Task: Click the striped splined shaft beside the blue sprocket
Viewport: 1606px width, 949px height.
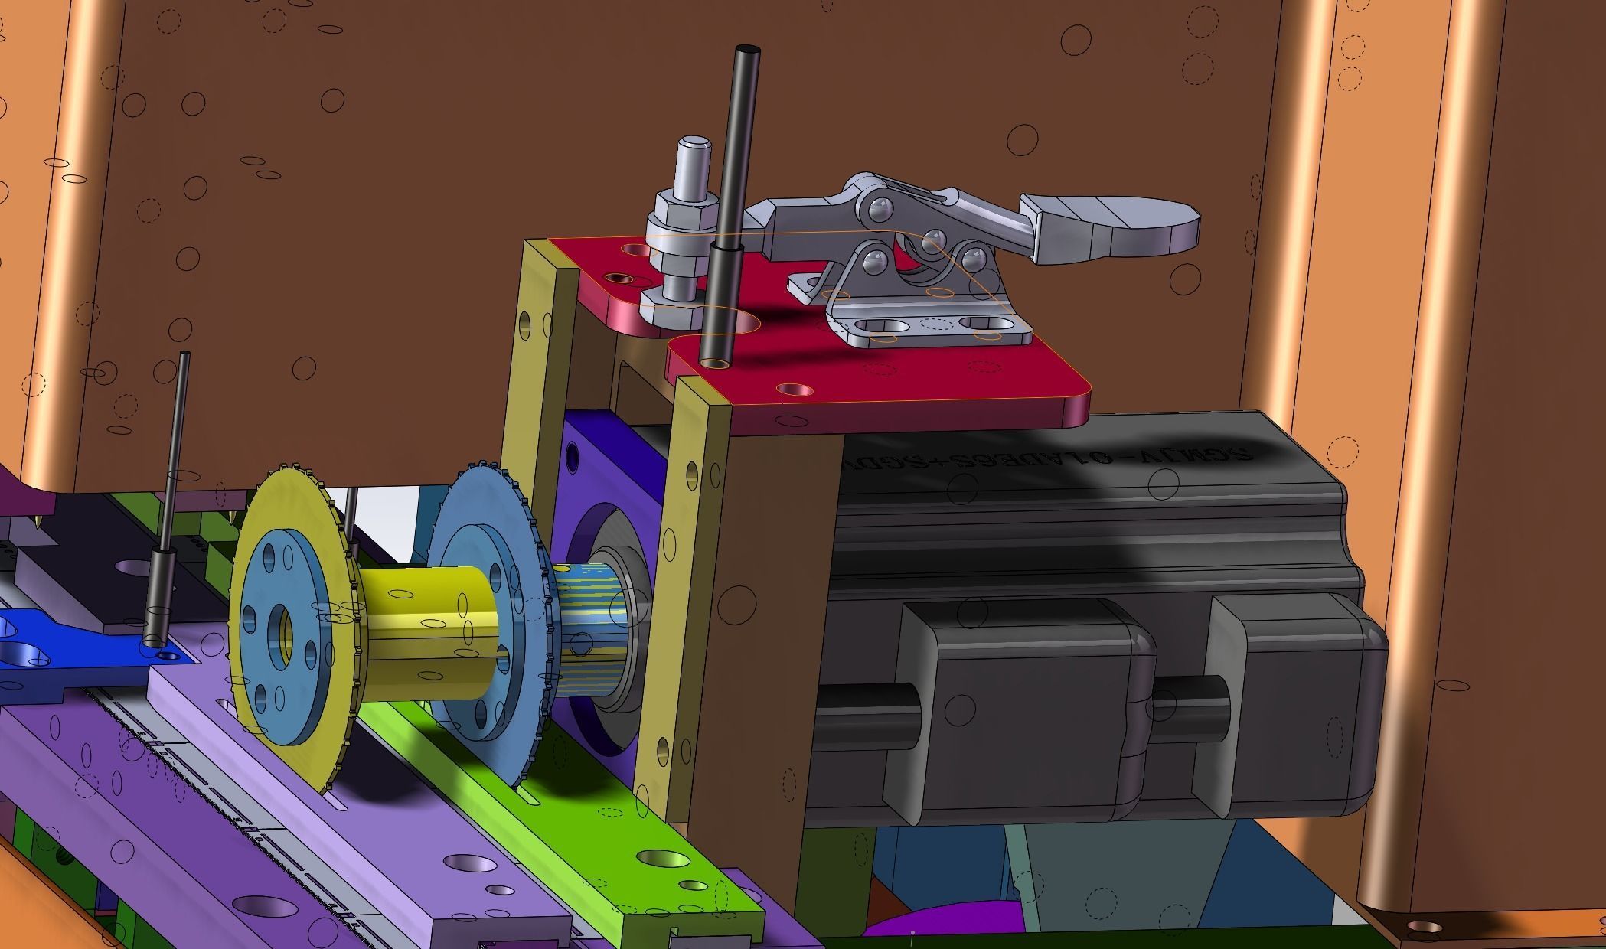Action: tap(586, 628)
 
